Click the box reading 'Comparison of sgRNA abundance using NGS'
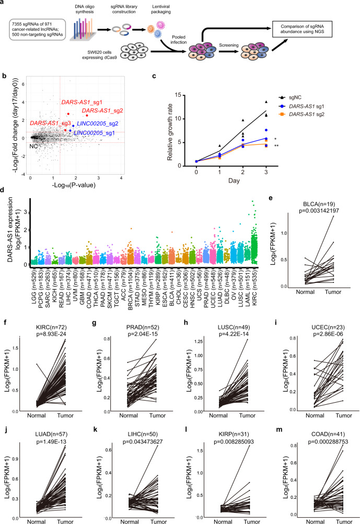tap(302, 29)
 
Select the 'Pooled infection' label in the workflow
tap(178, 40)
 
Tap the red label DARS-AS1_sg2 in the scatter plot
tap(102, 111)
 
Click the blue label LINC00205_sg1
tap(94, 133)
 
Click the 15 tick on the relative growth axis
tap(178, 95)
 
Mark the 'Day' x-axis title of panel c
tap(234, 180)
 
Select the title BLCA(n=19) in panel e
tap(319, 204)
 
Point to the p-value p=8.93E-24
tap(51, 334)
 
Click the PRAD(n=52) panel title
tap(143, 327)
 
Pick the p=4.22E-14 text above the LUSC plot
tap(234, 334)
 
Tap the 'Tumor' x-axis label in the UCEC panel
tap(344, 415)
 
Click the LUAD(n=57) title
tap(51, 435)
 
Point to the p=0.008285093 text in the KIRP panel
tap(234, 442)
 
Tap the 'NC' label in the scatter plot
tap(33, 146)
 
